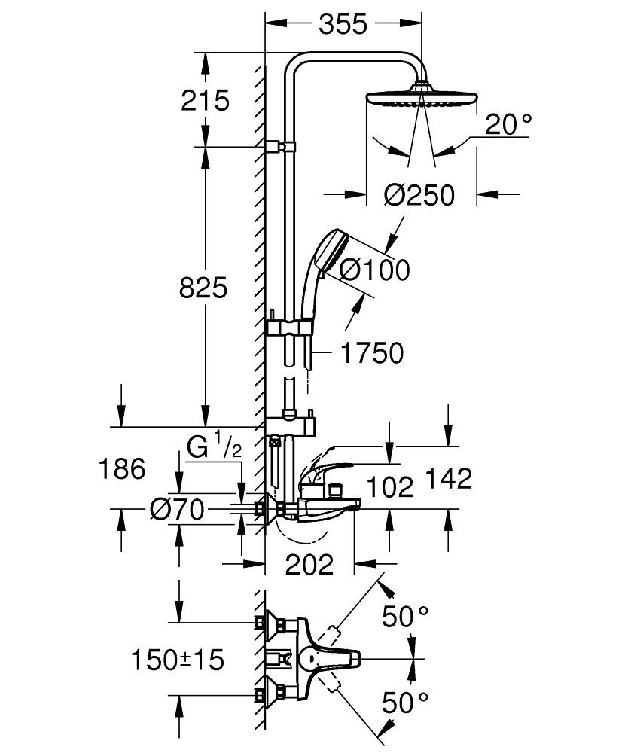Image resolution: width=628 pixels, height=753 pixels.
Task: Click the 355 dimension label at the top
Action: pos(343,24)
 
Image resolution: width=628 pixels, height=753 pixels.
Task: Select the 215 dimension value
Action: pos(205,100)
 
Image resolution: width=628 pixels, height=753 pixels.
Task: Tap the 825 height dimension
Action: pos(203,287)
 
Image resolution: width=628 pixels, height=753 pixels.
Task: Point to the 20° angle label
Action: pos(508,125)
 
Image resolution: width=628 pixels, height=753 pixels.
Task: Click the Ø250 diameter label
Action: pos(419,195)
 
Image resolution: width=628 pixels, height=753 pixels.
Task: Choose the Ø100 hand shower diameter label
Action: pos(374,269)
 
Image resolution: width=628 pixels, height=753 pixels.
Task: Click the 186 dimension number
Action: pos(121,469)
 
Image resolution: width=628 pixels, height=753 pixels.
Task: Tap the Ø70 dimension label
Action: pos(176,511)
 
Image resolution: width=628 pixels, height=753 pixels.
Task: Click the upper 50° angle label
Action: pos(405,617)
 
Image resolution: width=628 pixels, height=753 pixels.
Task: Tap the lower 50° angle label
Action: pos(405,704)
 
